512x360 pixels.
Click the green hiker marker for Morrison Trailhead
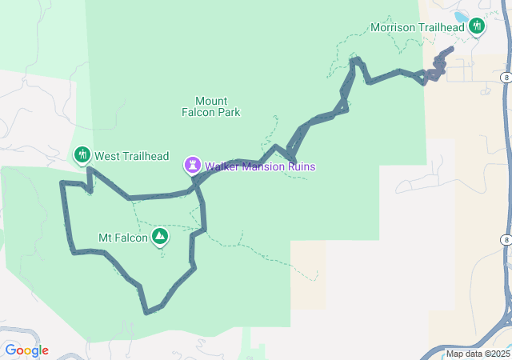(x=477, y=26)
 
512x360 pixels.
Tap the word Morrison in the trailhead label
(x=394, y=28)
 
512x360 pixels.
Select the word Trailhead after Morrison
(x=441, y=28)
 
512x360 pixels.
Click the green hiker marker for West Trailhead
(x=82, y=155)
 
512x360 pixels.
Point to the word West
(x=107, y=156)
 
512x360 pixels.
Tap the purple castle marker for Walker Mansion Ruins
(x=193, y=166)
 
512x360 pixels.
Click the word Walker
(x=223, y=167)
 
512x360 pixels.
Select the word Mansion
(x=264, y=167)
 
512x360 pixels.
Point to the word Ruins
(x=301, y=167)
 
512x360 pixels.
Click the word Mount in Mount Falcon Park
(x=211, y=102)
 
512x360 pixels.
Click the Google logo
(x=26, y=350)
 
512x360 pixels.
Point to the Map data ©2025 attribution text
(x=478, y=354)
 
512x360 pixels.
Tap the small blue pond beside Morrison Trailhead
(x=462, y=16)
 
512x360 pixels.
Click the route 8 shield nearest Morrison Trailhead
(x=507, y=77)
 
